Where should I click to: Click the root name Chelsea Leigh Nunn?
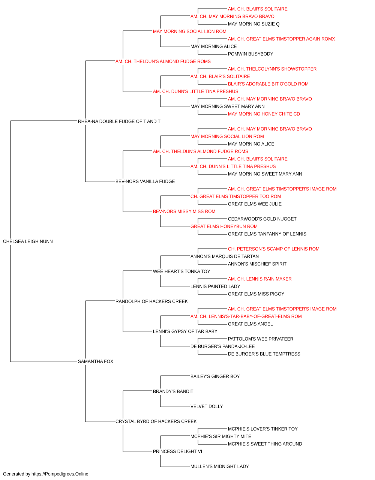point(28,241)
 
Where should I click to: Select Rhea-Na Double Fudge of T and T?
point(119,121)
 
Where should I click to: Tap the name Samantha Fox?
point(95,361)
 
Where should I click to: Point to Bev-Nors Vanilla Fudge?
point(145,181)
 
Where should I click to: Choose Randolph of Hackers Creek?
point(151,301)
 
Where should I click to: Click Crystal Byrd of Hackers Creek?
point(156,421)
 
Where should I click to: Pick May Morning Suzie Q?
point(254,24)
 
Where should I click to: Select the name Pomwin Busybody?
point(250,54)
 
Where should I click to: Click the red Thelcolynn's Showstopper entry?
point(272,69)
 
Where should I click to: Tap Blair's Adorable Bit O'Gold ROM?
point(268,84)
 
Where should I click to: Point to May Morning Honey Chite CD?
point(264,114)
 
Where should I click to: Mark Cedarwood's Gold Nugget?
point(262,219)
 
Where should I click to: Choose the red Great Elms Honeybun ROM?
point(224,226)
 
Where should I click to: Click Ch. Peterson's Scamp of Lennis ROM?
point(274,249)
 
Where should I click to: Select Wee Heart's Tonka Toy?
point(181,271)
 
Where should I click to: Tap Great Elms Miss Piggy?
point(256,294)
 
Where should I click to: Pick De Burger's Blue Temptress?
point(264,354)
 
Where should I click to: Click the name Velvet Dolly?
point(207,406)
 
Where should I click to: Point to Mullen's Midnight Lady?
point(219,466)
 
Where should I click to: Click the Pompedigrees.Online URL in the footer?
point(60,474)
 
